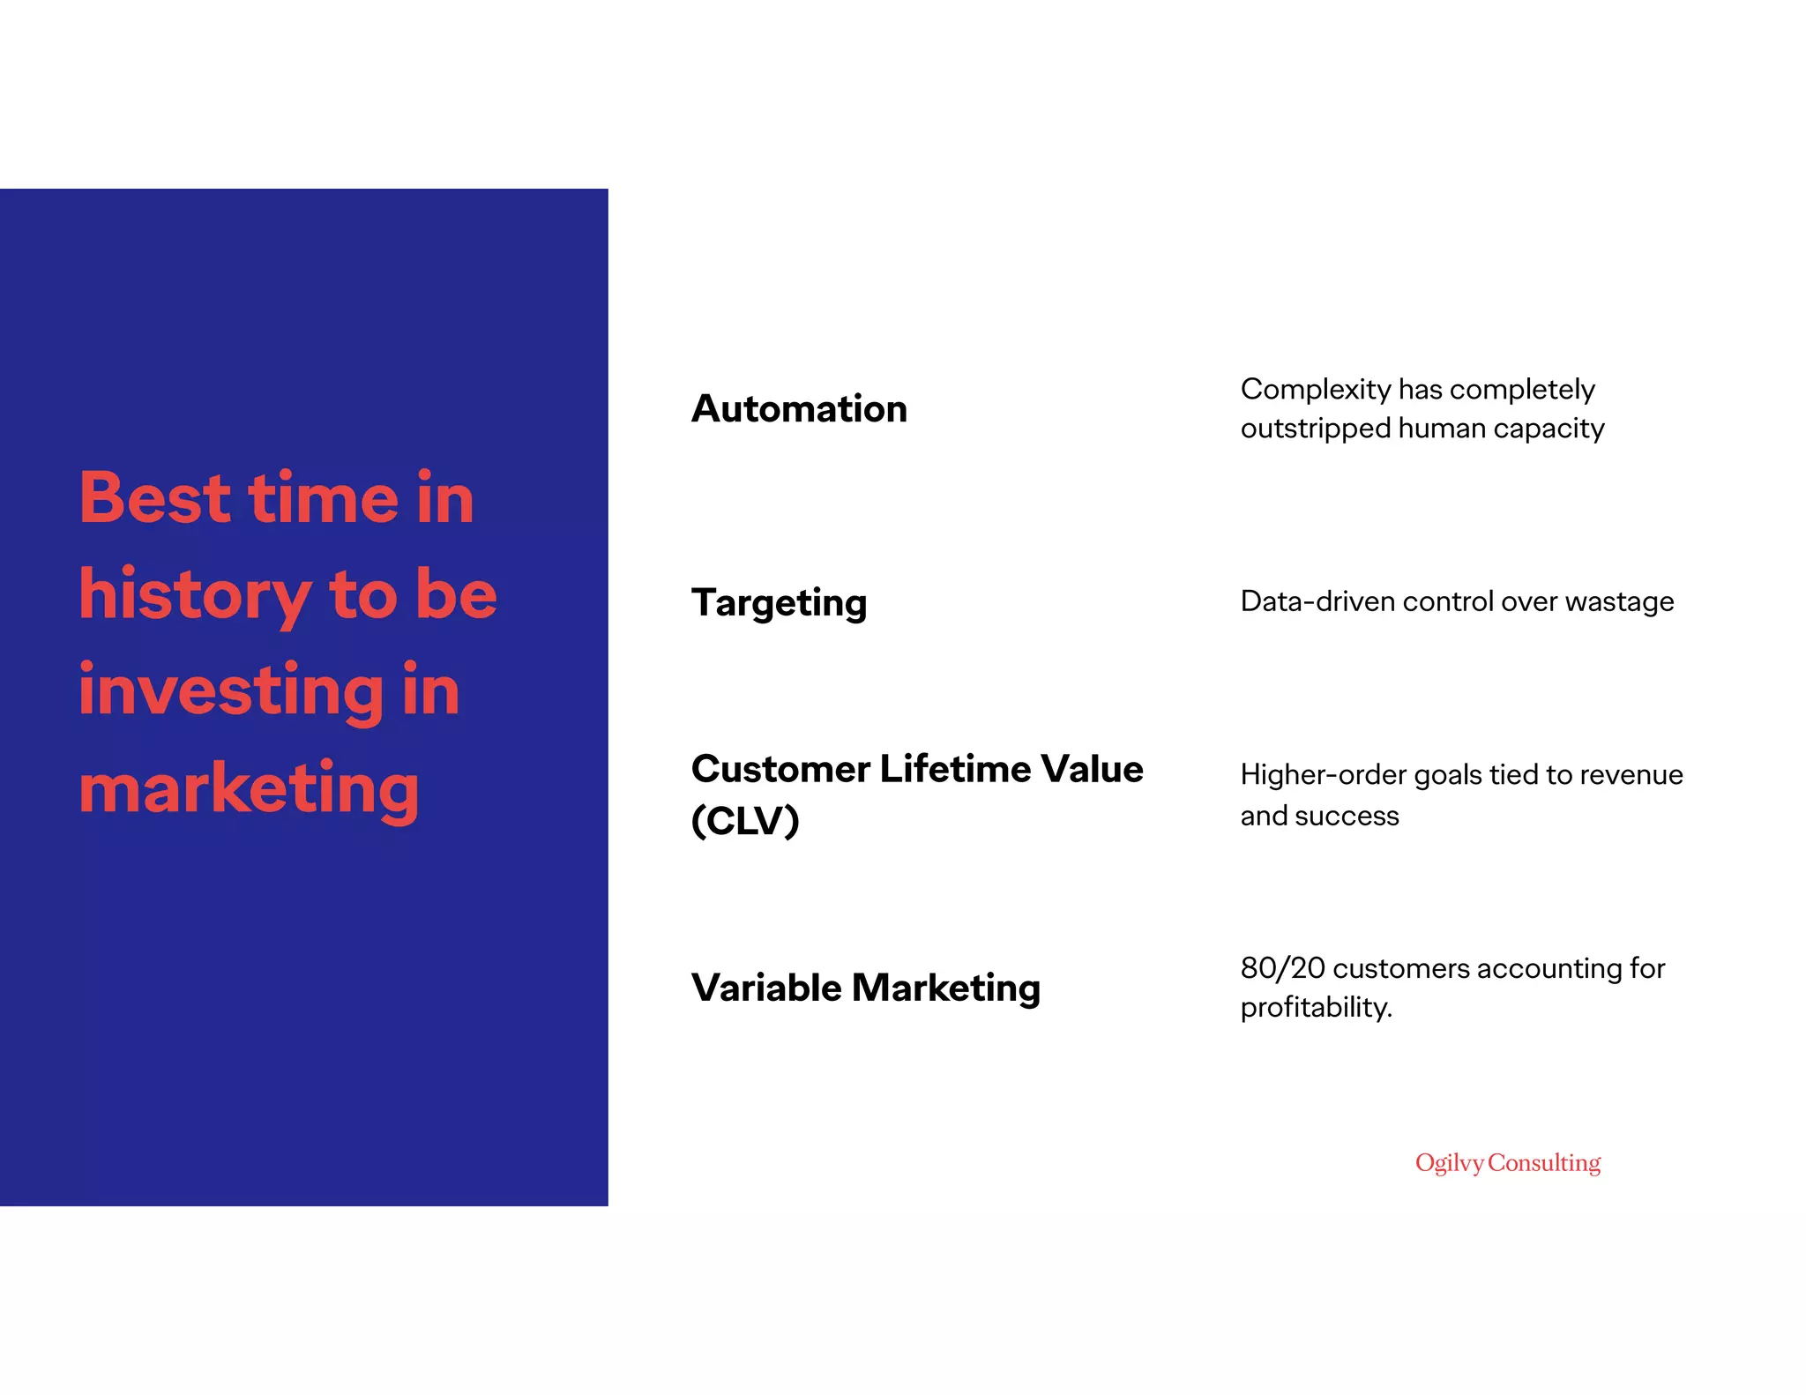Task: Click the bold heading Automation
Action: [799, 409]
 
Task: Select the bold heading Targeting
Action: [780, 603]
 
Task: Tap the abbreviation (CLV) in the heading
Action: [745, 820]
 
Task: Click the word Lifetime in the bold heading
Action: [943, 769]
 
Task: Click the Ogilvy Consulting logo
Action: [1508, 1163]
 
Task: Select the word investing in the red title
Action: [232, 691]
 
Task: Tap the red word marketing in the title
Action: [250, 788]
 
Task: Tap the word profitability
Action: [1316, 1007]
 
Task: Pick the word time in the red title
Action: [324, 498]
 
